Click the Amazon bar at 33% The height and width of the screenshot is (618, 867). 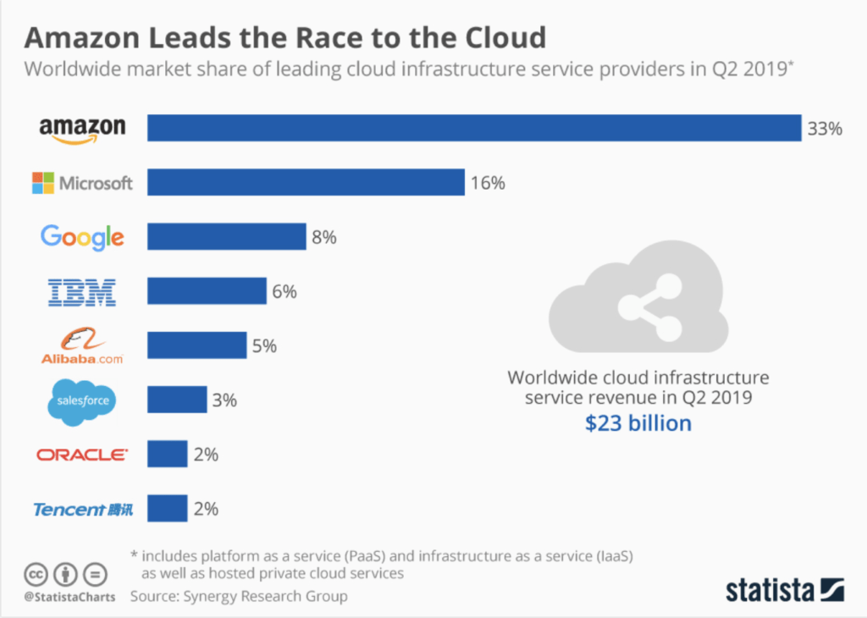coord(474,128)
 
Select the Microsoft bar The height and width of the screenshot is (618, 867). coord(306,182)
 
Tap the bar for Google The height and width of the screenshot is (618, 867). coord(226,237)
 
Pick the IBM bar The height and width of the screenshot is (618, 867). coord(207,291)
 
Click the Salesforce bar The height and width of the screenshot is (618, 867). coord(177,400)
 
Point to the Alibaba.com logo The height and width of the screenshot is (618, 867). coord(82,345)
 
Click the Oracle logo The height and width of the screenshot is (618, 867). coord(82,455)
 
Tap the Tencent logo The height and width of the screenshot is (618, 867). coord(82,509)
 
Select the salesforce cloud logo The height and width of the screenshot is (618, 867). coord(82,400)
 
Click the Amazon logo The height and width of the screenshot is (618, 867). coord(82,130)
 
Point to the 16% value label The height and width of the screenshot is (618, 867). coord(488,183)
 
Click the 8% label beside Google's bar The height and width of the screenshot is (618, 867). coord(324,238)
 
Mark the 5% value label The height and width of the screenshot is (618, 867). coord(265,346)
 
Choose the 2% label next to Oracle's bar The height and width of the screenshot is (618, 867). coord(206,455)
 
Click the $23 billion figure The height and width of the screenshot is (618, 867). coord(638,422)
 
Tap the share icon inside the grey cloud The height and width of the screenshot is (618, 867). coord(637,307)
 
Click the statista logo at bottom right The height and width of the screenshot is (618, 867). coord(784,590)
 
